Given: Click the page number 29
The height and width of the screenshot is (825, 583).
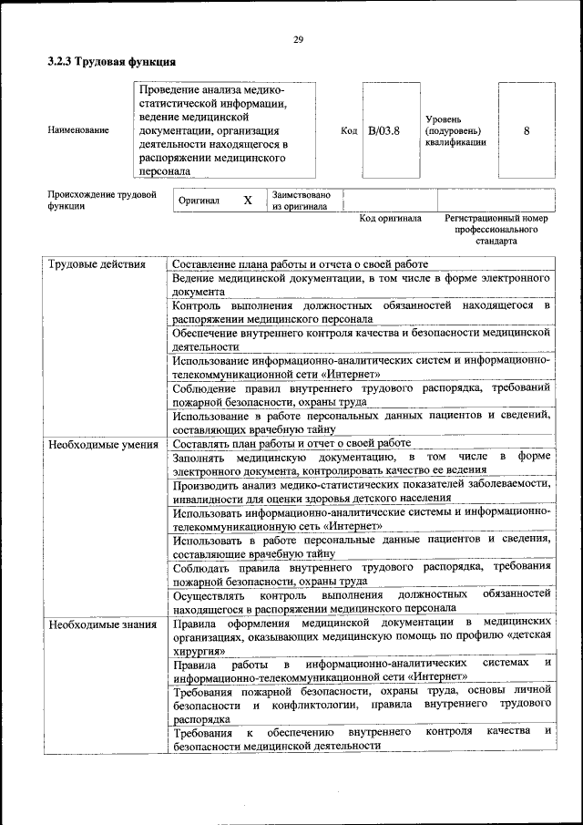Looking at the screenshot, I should [x=298, y=39].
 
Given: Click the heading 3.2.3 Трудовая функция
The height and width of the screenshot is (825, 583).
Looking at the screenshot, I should [x=111, y=62].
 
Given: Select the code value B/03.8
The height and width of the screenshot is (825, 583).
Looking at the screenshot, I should [x=384, y=130].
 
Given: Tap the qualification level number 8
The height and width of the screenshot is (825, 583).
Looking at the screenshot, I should [x=527, y=130].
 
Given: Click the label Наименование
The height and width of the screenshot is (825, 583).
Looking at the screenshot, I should [x=78, y=130].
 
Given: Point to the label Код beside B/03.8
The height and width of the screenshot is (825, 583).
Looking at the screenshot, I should [x=349, y=130].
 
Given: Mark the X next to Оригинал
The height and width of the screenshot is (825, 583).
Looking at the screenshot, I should [x=248, y=200].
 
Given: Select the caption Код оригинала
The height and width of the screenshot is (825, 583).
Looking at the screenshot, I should [x=390, y=219].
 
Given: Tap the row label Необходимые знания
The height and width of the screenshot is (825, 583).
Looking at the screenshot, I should [x=103, y=624].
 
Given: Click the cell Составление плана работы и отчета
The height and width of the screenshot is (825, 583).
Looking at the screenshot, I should [x=300, y=264].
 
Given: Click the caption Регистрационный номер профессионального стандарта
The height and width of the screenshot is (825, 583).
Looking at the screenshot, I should [x=496, y=230].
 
